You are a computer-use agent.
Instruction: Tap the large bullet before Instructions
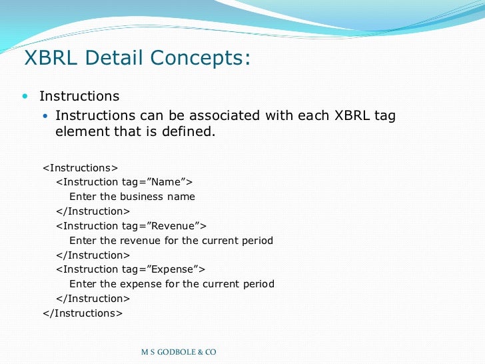pyautogui.click(x=25, y=97)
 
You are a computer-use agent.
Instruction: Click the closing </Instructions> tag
pyautogui.click(x=83, y=313)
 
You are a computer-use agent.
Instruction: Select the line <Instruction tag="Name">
pyautogui.click(x=125, y=182)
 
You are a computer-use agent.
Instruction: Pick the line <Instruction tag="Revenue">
pyautogui.click(x=131, y=226)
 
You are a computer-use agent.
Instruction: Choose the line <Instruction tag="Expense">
pyautogui.click(x=131, y=269)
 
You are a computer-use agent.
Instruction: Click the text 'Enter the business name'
pyautogui.click(x=132, y=197)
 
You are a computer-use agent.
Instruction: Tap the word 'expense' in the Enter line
pyautogui.click(x=139, y=284)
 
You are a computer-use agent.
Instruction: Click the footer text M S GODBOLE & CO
pyautogui.click(x=179, y=352)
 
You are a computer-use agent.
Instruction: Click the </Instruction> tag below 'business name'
pyautogui.click(x=93, y=211)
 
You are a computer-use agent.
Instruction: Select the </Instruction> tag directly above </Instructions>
pyautogui.click(x=93, y=299)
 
